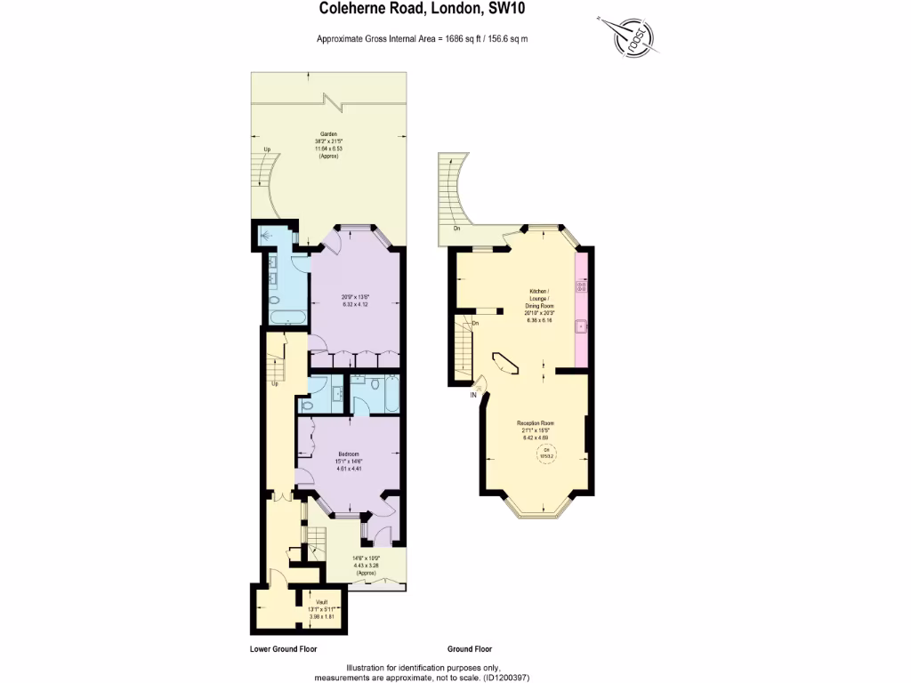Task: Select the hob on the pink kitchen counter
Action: click(x=581, y=287)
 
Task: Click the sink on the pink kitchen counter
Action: click(x=581, y=326)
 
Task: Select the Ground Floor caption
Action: click(x=469, y=649)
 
